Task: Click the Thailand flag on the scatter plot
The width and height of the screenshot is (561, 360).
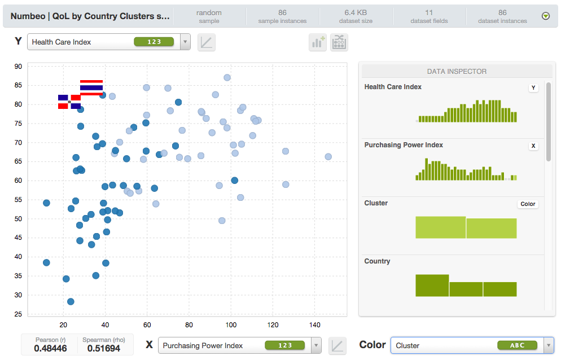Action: click(91, 87)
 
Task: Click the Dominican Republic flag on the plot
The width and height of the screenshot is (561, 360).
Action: click(69, 102)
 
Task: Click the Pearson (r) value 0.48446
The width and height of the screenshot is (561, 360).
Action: click(50, 348)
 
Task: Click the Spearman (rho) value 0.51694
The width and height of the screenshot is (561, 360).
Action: click(104, 348)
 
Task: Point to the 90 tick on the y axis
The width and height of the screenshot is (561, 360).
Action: click(18, 67)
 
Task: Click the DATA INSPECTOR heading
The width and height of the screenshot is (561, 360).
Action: click(457, 71)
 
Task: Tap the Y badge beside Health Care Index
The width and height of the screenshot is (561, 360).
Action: click(533, 87)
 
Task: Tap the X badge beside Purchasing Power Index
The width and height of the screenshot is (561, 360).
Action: click(533, 146)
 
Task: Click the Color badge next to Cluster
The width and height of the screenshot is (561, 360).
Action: click(528, 204)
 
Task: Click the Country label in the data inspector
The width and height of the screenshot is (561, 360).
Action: click(377, 261)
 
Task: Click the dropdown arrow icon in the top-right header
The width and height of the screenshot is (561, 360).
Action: click(545, 16)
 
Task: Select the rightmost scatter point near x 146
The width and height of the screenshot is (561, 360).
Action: click(328, 157)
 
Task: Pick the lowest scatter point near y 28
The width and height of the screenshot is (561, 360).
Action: click(71, 301)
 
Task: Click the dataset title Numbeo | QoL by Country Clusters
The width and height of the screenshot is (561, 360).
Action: click(90, 16)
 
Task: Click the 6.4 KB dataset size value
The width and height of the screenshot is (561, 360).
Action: click(356, 12)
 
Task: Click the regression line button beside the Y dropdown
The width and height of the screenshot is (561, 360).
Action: click(207, 42)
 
